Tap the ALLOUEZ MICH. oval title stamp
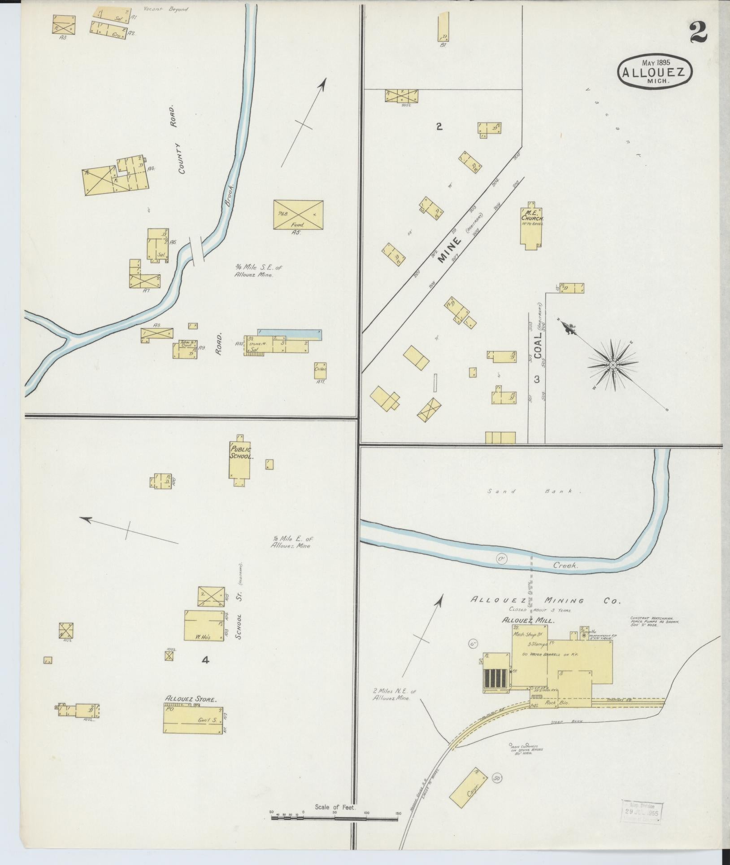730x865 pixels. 655,72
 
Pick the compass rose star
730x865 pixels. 612,364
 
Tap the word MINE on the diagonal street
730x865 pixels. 450,251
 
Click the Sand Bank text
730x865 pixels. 534,492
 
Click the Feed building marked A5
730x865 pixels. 298,215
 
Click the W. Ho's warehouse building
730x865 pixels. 204,625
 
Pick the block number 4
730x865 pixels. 205,660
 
